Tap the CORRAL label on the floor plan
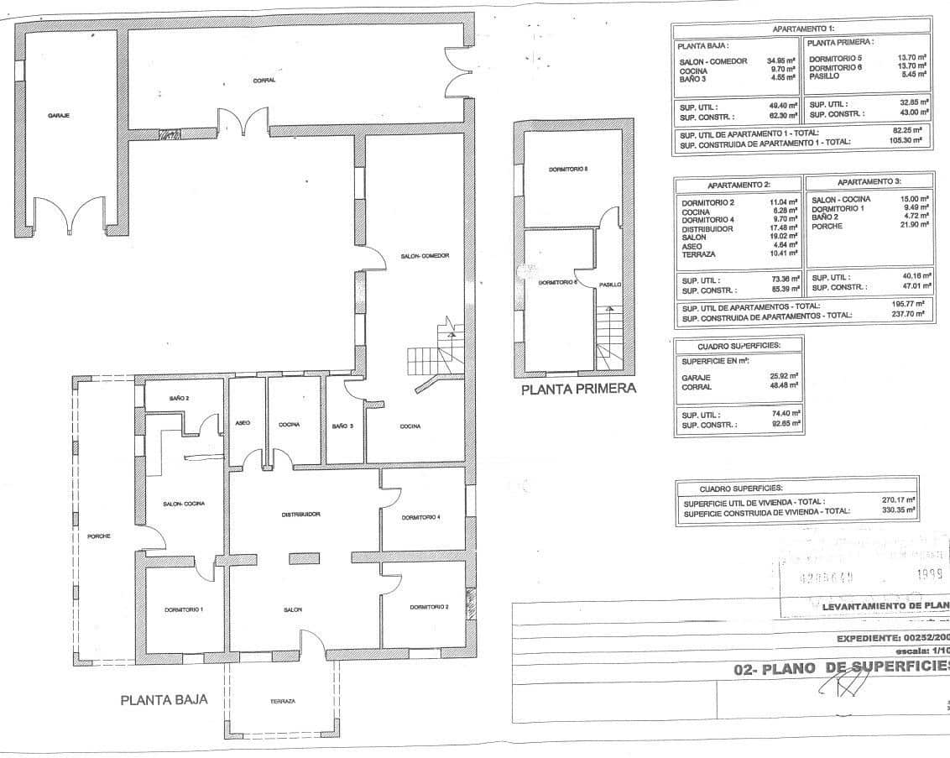click(264, 80)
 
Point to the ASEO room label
click(243, 422)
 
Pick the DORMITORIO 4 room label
click(420, 517)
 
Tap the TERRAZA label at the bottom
click(282, 701)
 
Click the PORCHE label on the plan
click(99, 536)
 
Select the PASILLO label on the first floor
click(610, 285)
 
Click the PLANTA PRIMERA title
click(578, 389)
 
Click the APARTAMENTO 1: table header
click(802, 29)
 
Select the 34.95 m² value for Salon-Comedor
click(780, 61)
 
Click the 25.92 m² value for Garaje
click(782, 377)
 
